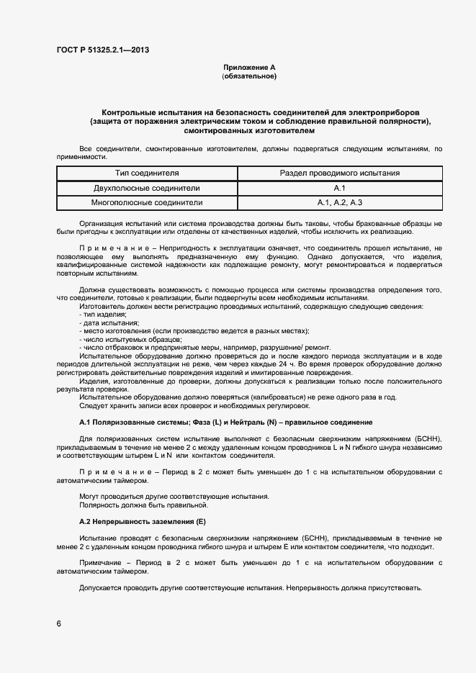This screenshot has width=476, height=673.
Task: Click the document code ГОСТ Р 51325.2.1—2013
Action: [x=103, y=50]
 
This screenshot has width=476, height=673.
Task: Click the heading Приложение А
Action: [x=248, y=68]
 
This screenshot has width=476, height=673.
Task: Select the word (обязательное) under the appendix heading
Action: [x=248, y=76]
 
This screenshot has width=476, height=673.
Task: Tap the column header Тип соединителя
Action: [x=147, y=173]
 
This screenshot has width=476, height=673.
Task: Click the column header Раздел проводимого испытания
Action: [x=340, y=173]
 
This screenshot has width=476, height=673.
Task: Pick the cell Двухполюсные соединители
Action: [x=147, y=188]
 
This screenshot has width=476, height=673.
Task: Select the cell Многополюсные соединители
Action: [x=147, y=203]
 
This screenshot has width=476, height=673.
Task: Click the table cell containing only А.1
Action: [x=340, y=188]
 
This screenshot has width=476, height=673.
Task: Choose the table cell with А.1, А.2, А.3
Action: [x=340, y=203]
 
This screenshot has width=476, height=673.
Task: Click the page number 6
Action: [x=58, y=623]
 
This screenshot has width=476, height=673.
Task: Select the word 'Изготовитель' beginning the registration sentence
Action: [x=102, y=307]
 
